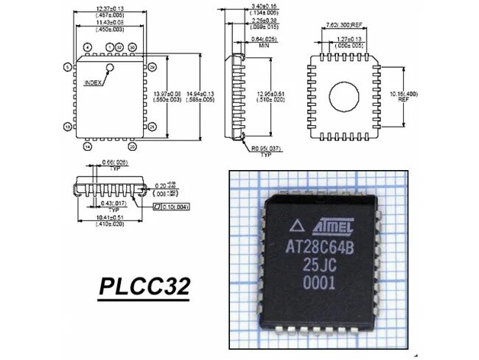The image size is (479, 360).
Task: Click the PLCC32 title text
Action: point(144,286)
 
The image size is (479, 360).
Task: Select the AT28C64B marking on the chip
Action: point(321,246)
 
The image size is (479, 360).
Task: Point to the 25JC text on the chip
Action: point(320,264)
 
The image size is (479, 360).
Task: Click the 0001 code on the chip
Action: point(319,282)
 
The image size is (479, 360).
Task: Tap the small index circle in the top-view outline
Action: point(111,68)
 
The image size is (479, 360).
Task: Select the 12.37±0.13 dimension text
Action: point(109,9)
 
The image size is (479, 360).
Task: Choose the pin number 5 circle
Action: point(67,67)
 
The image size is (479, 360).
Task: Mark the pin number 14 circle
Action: point(88,147)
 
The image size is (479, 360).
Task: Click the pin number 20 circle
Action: point(133,147)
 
